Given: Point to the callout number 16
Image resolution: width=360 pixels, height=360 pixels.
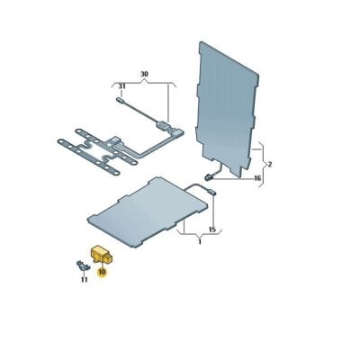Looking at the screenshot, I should [x=256, y=180].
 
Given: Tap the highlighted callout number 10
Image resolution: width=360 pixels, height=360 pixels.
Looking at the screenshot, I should [x=103, y=270].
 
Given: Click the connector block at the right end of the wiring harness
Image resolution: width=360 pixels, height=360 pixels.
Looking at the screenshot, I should [x=165, y=127].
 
